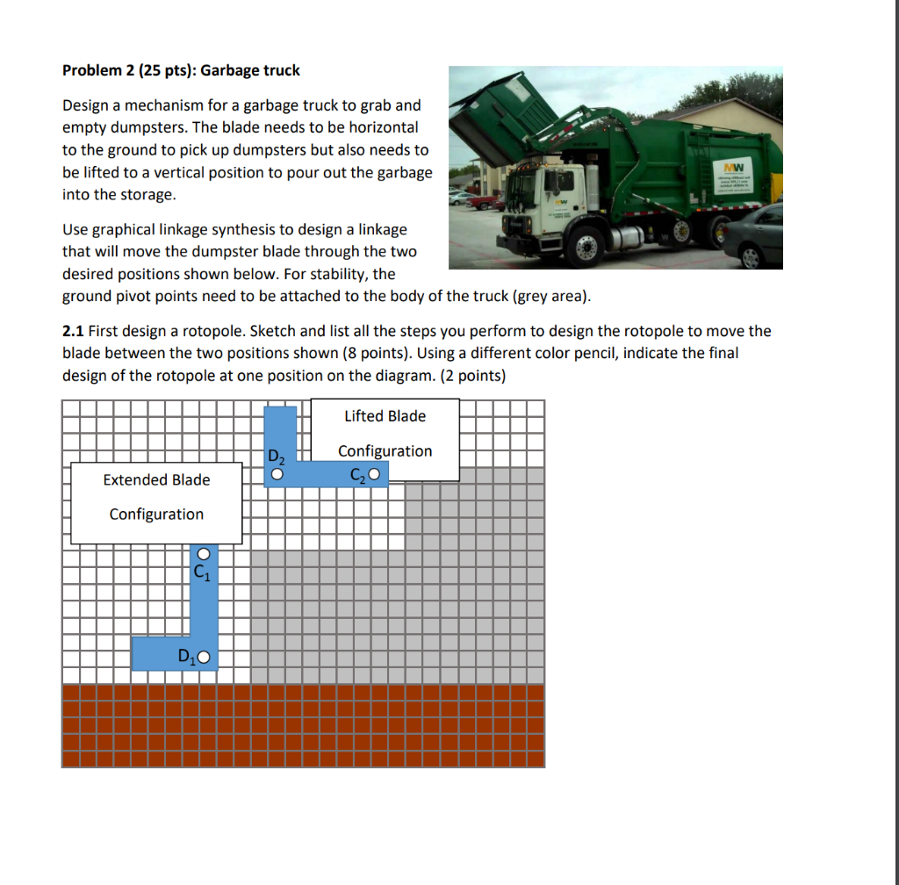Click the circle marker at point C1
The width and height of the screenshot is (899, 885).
click(204, 555)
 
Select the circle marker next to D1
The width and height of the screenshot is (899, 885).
click(205, 657)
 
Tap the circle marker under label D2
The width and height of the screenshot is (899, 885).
click(277, 475)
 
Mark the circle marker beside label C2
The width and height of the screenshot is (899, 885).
click(375, 475)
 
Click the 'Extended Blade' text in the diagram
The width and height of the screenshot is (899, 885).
click(156, 479)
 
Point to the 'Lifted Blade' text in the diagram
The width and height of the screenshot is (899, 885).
click(385, 416)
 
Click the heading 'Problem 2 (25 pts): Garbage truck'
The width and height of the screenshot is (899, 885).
click(181, 70)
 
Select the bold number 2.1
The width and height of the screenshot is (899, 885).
click(74, 331)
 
